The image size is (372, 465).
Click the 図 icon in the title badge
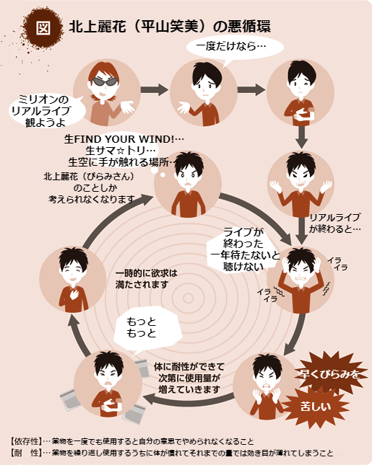point(43,28)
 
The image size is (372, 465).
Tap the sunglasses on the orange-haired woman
point(104,81)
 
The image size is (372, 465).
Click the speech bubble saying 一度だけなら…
point(235,48)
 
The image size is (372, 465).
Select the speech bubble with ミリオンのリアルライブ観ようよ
point(47,110)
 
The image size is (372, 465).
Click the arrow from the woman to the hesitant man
point(154,89)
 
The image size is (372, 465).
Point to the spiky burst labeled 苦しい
point(315,407)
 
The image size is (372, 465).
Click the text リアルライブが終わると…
point(335,223)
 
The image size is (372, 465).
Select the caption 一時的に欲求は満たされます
point(146,279)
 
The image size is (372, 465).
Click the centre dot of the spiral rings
point(188,298)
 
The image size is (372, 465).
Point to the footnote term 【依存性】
point(25,441)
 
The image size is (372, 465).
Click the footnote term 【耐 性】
point(25,453)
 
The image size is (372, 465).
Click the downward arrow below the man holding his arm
point(302,137)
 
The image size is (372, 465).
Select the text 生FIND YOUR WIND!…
point(124,139)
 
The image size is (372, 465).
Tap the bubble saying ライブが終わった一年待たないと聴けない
point(244,249)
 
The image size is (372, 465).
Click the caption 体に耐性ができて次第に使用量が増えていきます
point(189,378)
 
